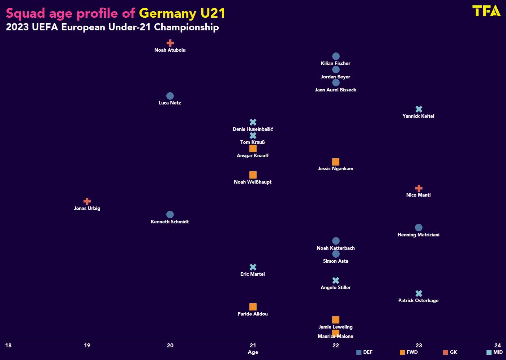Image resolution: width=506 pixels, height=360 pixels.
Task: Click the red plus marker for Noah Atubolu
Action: [170, 43]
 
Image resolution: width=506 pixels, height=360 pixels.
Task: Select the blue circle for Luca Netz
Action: [170, 96]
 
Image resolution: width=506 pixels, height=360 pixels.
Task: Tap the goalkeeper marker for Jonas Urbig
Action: [87, 201]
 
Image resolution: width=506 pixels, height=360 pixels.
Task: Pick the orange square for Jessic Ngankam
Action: [336, 162]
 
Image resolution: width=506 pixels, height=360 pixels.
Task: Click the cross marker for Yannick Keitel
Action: [419, 109]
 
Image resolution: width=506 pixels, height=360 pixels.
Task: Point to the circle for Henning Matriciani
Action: [419, 227]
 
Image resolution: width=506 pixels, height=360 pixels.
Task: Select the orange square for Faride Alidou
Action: [253, 307]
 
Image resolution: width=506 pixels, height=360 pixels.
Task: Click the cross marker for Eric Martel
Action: [253, 267]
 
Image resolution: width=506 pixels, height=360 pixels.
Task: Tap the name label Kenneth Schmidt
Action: [170, 222]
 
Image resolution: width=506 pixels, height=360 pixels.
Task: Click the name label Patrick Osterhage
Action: [419, 300]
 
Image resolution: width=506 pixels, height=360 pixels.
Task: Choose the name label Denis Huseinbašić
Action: [253, 129]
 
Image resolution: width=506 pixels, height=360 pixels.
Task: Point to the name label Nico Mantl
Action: [419, 195]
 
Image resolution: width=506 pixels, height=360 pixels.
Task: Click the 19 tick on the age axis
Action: [87, 346]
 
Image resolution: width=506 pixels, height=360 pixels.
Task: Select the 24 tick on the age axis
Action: [498, 346]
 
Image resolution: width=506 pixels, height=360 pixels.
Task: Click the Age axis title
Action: [253, 352]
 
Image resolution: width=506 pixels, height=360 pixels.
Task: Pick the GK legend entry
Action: [450, 352]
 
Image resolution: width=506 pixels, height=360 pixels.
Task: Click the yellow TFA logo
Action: [486, 11]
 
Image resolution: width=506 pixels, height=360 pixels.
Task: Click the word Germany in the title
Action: [167, 13]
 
